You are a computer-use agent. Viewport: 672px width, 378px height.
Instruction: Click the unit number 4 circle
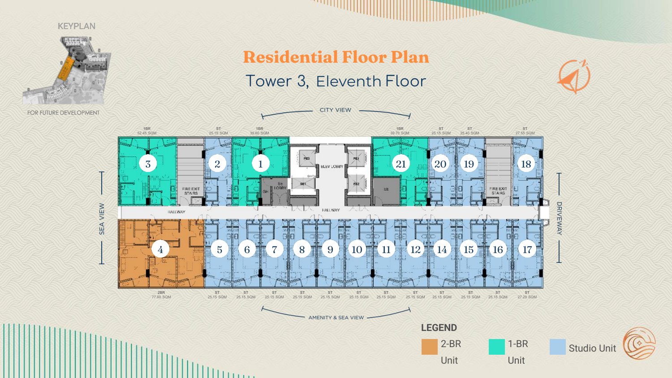160,249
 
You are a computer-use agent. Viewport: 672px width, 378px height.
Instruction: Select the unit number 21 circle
401,164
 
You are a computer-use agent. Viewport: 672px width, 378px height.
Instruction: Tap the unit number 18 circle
526,164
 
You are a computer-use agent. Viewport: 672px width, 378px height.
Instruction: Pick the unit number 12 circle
415,249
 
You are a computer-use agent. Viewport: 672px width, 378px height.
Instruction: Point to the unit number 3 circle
148,164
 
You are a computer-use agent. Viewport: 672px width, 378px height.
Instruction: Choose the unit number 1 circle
260,164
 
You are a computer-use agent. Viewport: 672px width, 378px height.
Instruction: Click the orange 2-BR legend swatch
429,347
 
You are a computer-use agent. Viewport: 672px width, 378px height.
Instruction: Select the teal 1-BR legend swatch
496,347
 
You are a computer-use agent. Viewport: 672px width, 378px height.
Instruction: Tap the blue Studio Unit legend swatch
557,347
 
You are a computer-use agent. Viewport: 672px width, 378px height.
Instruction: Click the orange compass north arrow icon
574,77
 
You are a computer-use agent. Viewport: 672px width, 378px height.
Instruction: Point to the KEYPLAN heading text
77,26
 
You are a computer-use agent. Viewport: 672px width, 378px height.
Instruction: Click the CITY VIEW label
336,110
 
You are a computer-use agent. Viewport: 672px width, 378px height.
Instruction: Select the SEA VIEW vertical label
102,219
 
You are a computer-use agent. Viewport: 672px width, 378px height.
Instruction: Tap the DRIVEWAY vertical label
559,218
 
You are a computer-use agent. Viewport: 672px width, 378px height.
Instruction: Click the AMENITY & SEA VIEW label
336,318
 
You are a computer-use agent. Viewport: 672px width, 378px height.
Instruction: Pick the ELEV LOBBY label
332,167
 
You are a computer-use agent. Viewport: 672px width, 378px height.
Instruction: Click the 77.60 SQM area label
161,297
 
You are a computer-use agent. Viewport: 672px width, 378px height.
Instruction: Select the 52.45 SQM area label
147,133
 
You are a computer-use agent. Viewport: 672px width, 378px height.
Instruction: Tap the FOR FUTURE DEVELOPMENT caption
64,113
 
